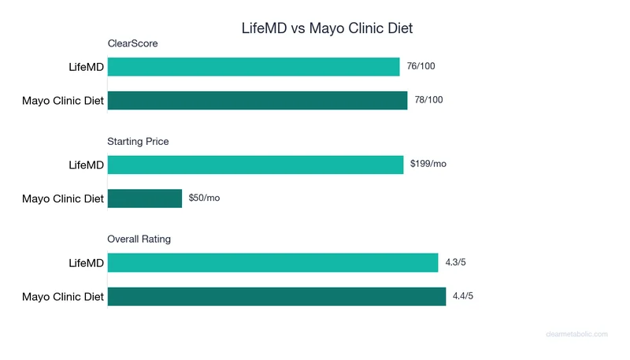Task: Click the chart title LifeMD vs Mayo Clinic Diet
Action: [326, 28]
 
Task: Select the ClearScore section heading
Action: [132, 43]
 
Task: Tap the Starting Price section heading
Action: [138, 142]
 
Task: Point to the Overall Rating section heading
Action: [139, 239]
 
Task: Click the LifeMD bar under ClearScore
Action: [254, 67]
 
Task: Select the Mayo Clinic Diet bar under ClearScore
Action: [258, 100]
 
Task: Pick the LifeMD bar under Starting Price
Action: [255, 165]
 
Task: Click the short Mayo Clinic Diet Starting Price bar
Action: [145, 198]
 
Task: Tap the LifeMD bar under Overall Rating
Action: [272, 262]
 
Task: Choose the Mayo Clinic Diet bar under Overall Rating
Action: [276, 296]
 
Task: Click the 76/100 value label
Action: [421, 66]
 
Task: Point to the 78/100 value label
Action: [428, 100]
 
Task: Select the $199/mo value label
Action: [428, 164]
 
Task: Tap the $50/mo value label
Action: [204, 198]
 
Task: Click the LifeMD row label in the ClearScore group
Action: [87, 68]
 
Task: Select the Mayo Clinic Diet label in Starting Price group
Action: [63, 199]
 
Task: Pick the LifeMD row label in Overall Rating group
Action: [87, 263]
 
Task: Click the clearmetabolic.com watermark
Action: [576, 334]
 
